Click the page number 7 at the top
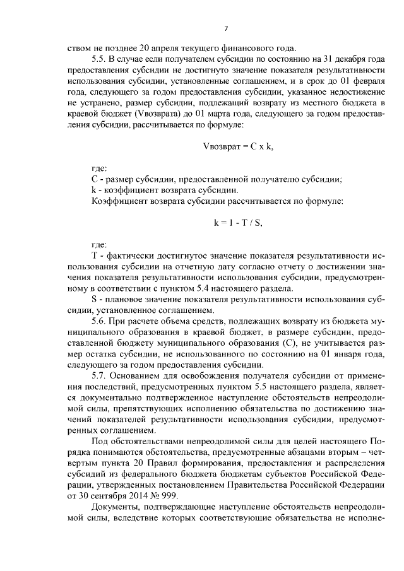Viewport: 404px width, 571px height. [225, 28]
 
